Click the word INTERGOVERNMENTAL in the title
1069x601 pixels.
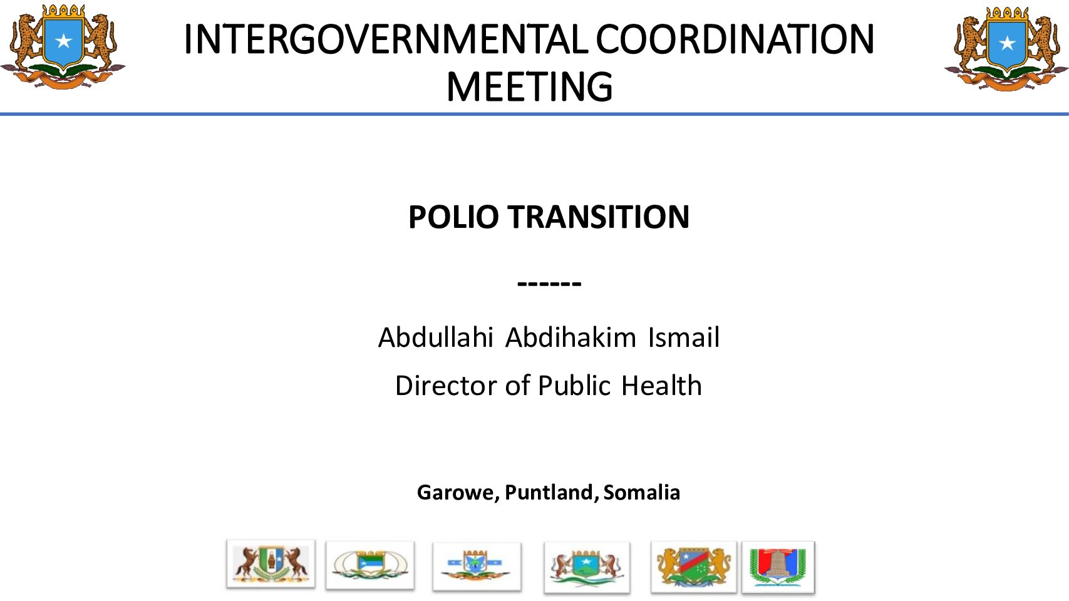point(386,39)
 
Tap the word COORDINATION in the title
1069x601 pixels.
point(735,39)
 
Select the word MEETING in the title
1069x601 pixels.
point(529,87)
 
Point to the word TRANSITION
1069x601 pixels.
point(599,217)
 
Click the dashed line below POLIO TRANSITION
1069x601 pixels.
point(549,284)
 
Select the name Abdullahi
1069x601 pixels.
point(436,337)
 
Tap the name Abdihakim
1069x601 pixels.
point(571,337)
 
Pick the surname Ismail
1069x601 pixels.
point(684,337)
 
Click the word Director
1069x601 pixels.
point(446,386)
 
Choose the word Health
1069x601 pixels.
point(661,386)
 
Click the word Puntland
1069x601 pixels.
point(549,492)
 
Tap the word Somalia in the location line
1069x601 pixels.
point(642,492)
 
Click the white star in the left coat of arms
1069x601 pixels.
point(63,41)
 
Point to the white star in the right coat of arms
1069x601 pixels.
point(1007,43)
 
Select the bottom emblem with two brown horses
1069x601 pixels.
point(271,564)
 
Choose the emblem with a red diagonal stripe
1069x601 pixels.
point(694,567)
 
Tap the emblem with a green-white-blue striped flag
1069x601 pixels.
point(370,565)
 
